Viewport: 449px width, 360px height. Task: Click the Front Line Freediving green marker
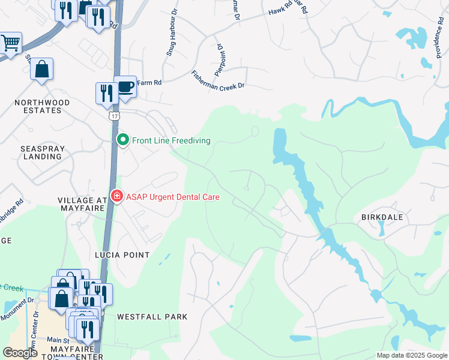pyautogui.click(x=123, y=140)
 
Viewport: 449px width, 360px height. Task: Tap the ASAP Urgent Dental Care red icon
pyautogui.click(x=116, y=196)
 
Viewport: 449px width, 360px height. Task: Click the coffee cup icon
pyautogui.click(x=125, y=87)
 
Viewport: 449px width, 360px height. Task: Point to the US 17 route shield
pyautogui.click(x=113, y=115)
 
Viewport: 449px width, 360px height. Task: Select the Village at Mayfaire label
pyautogui.click(x=81, y=204)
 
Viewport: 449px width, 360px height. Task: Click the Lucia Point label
pyautogui.click(x=122, y=255)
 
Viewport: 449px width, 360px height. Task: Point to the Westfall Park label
pyautogui.click(x=152, y=316)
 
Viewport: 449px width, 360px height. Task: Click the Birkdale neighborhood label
pyautogui.click(x=382, y=217)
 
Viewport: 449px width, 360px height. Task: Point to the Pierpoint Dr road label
pyautogui.click(x=219, y=55)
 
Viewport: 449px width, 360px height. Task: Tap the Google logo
pyautogui.click(x=19, y=353)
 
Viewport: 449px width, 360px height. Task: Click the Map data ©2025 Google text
pyautogui.click(x=411, y=355)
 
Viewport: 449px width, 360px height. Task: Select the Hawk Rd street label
pyautogui.click(x=280, y=10)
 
